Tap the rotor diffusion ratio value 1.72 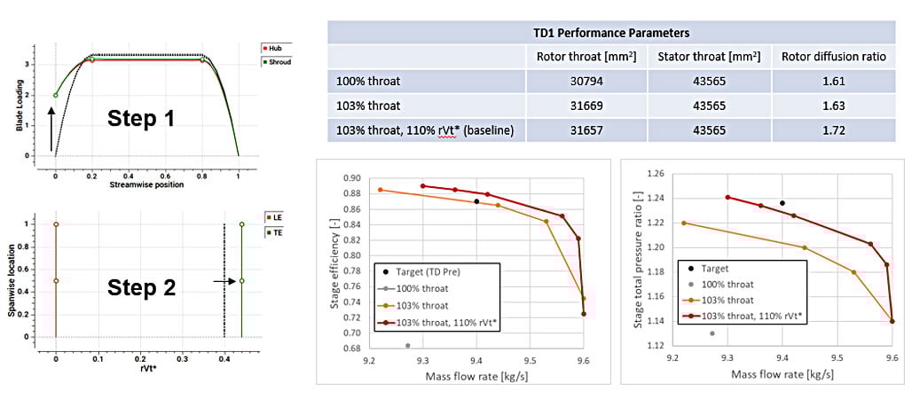point(833,131)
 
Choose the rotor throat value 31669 point(586,106)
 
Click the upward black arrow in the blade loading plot point(51,125)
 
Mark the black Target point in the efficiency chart point(476,201)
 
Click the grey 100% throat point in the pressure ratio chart point(712,333)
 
